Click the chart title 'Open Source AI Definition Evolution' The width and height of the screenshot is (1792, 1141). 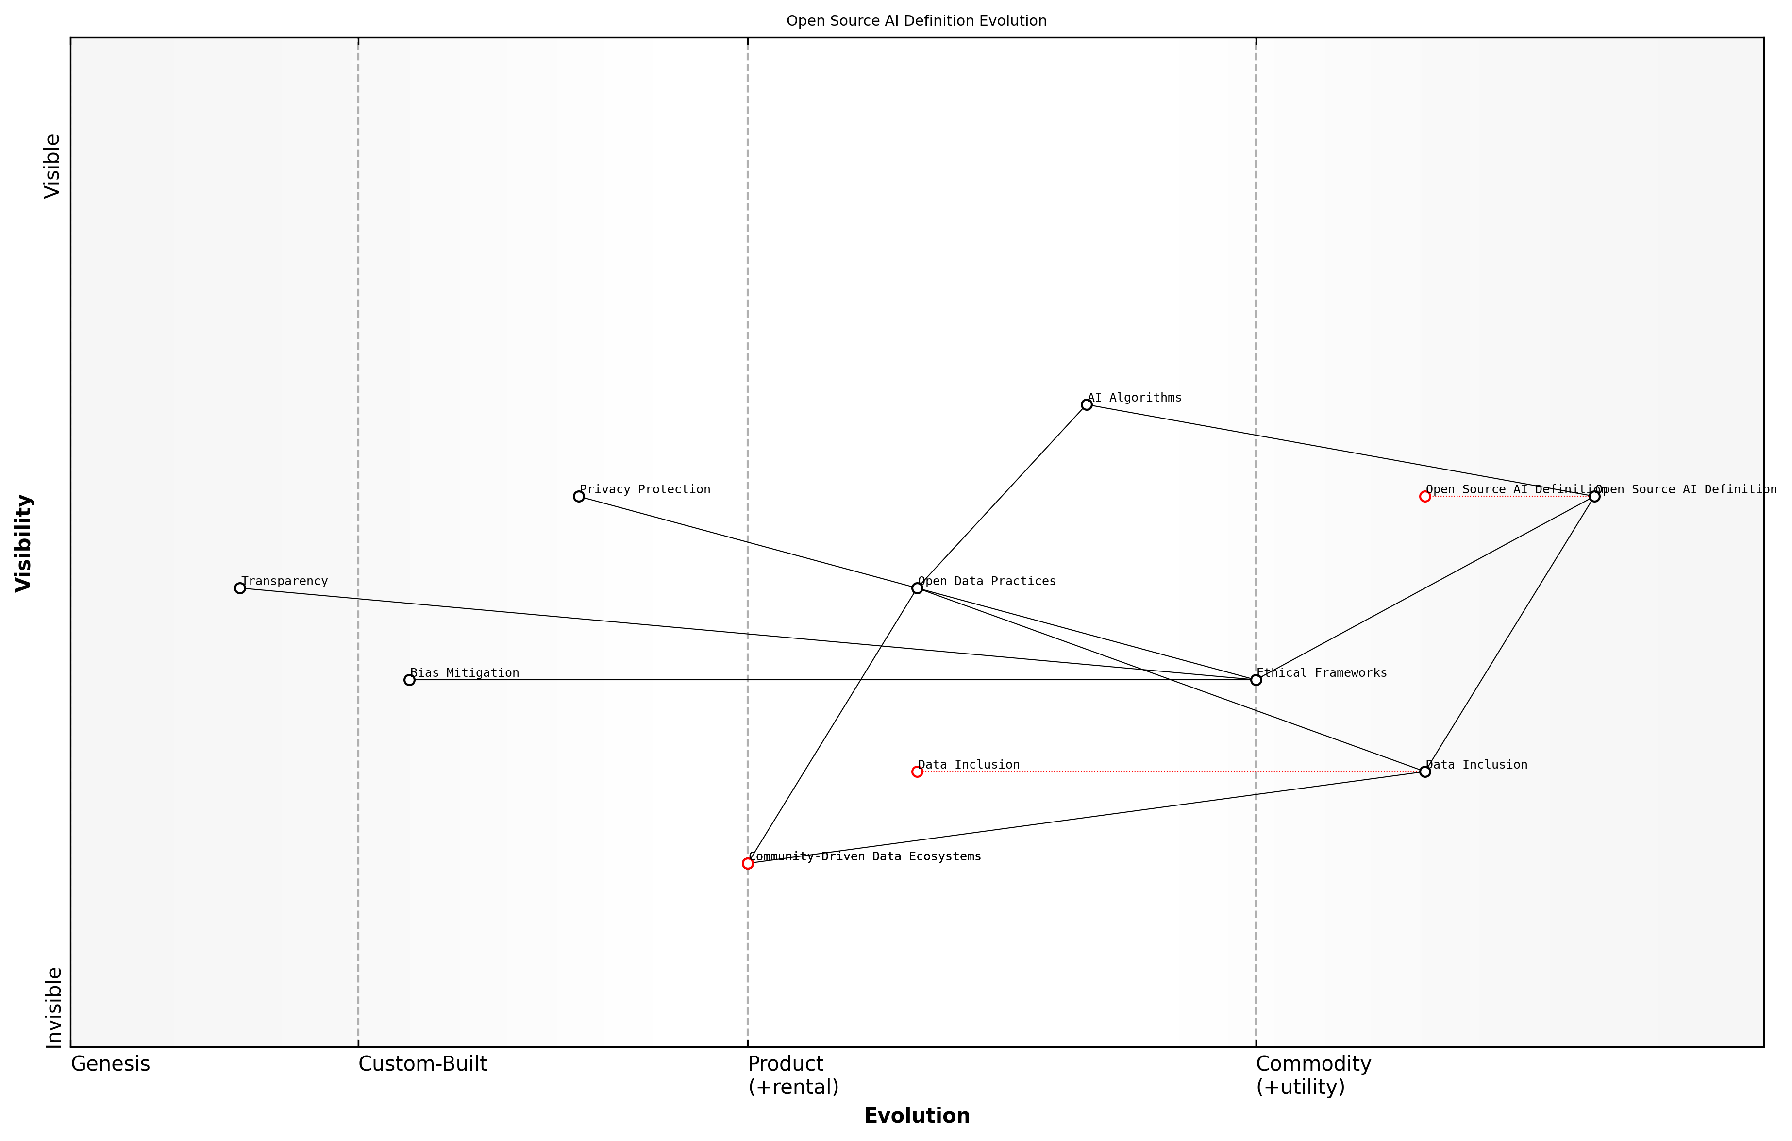pyautogui.click(x=916, y=21)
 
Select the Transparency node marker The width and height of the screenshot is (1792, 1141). pyautogui.click(x=240, y=588)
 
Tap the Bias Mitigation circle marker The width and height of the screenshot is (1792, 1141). pyautogui.click(x=409, y=680)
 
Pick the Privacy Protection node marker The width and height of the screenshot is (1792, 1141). pyautogui.click(x=579, y=496)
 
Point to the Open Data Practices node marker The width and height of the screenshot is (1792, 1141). pyautogui.click(x=917, y=588)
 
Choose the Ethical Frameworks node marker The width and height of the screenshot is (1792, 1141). pyautogui.click(x=1256, y=680)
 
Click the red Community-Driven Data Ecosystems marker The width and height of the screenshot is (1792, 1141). pyautogui.click(x=748, y=863)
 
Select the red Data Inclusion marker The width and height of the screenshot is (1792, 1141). pyautogui.click(x=917, y=772)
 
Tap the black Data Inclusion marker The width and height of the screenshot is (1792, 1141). pyautogui.click(x=1425, y=772)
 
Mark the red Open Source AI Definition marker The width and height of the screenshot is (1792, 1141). pyautogui.click(x=1425, y=496)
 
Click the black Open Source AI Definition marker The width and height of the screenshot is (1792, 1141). pyautogui.click(x=1594, y=496)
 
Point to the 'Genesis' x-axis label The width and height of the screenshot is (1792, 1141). pyautogui.click(x=110, y=1064)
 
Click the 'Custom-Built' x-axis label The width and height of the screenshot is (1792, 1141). pyautogui.click(x=423, y=1064)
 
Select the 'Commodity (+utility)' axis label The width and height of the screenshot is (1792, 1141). pyautogui.click(x=1313, y=1075)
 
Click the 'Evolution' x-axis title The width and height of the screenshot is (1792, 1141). pyautogui.click(x=917, y=1116)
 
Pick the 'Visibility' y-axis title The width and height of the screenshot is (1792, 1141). pyautogui.click(x=24, y=543)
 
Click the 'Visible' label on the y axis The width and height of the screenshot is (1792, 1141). pyautogui.click(x=52, y=166)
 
